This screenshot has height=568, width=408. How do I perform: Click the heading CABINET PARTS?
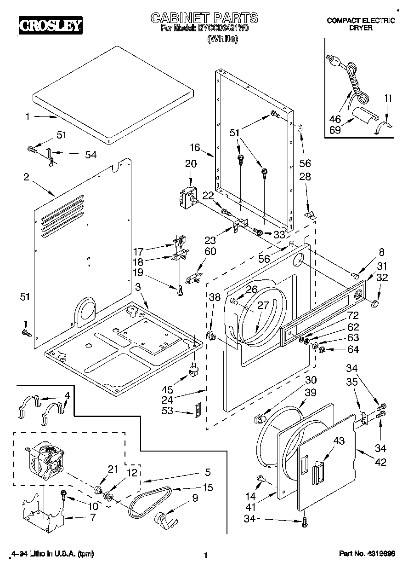[204, 18]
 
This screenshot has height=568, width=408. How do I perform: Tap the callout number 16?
[195, 147]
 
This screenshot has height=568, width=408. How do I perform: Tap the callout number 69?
[335, 130]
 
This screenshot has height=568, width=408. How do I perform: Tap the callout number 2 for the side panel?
[26, 177]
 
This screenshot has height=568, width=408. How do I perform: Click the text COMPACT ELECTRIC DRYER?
[361, 24]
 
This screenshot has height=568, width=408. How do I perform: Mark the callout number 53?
[168, 411]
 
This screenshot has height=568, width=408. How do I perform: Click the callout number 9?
[195, 498]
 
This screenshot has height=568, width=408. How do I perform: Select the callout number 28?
[305, 176]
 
